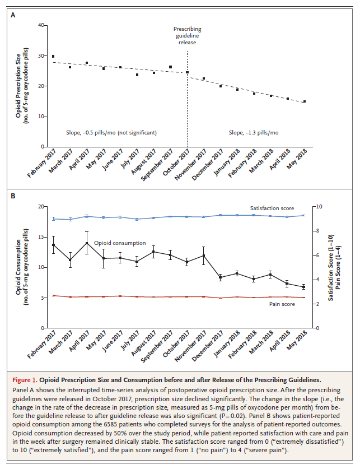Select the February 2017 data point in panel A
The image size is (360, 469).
(53, 56)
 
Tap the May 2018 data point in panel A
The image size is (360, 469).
(304, 101)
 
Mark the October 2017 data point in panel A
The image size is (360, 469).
(187, 72)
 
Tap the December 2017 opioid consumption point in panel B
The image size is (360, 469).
(220, 277)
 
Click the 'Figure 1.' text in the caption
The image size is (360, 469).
(30, 379)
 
